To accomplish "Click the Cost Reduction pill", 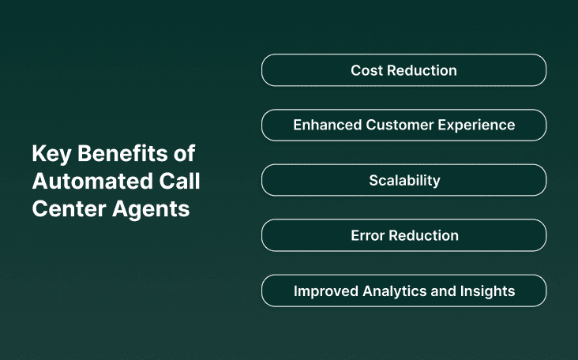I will pos(403,70).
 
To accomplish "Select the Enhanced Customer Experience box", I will pos(403,126).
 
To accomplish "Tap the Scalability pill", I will pos(403,180).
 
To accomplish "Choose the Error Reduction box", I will pos(403,235).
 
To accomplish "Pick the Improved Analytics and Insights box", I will pos(403,291).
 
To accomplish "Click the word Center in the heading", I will pos(62,210).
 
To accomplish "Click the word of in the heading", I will pos(185,153).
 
